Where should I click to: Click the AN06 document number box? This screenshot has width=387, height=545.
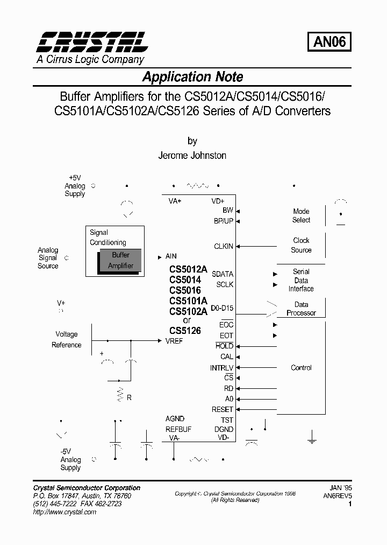pos(329,41)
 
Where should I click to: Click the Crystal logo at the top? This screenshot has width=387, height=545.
pos(92,42)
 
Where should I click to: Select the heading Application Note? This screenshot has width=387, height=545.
pos(192,77)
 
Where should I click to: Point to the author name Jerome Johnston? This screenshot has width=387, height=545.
pos(192,155)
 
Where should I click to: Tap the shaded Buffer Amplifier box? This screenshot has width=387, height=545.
pos(120,261)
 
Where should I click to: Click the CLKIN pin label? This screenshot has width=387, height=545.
pos(224,246)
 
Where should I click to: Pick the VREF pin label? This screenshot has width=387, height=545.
pos(174,341)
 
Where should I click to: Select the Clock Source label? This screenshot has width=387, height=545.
pos(301,245)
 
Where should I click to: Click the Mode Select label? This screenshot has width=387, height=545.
pos(301,215)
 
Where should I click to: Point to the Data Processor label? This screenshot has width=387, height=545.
pos(301,309)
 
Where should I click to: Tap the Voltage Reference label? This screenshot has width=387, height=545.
pos(67,339)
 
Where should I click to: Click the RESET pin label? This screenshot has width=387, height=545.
pos(223,409)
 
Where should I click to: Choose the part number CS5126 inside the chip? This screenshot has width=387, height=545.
pos(185,331)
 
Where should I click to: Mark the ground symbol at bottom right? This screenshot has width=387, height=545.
pos(312,439)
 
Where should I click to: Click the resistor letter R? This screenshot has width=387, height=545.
pos(129,397)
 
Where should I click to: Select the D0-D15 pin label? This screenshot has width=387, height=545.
pos(222,309)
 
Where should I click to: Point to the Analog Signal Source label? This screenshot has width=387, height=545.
pos(48,258)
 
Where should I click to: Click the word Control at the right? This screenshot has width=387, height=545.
pos(301,368)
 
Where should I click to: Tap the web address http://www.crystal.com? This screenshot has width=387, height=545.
pos(64,512)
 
